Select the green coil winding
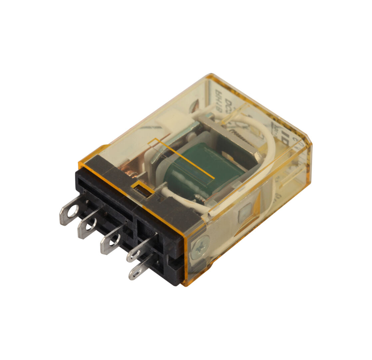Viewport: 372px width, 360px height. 206,170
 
